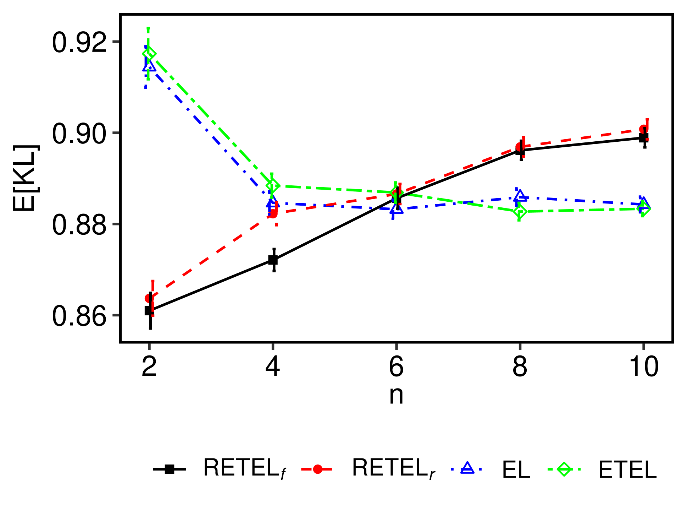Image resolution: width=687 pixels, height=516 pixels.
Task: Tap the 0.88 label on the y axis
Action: pyautogui.click(x=79, y=225)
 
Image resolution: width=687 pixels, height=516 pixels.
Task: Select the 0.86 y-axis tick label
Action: pyautogui.click(x=79, y=316)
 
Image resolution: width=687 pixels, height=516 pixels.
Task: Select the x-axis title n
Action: pyautogui.click(x=396, y=395)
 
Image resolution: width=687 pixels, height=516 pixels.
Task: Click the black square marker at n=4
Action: pyautogui.click(x=273, y=260)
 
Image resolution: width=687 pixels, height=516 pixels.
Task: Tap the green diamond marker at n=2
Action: pyautogui.click(x=149, y=54)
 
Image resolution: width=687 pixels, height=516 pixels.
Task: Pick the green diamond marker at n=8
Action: pyautogui.click(x=520, y=212)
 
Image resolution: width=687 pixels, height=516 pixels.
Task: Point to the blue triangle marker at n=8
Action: pyautogui.click(x=520, y=196)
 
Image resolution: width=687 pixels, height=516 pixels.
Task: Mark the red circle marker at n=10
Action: pyautogui.click(x=643, y=129)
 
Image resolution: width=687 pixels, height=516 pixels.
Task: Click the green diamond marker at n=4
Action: pyautogui.click(x=272, y=185)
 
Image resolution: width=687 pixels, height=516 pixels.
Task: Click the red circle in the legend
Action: pyautogui.click(x=317, y=469)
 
